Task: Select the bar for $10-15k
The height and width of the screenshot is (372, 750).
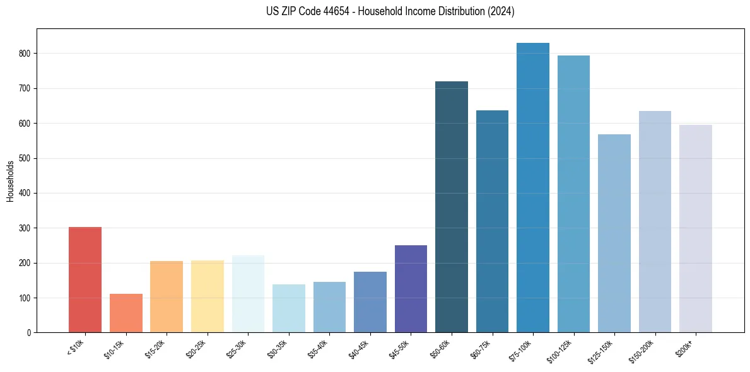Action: pos(126,313)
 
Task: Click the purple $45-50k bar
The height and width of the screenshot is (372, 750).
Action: pos(411,289)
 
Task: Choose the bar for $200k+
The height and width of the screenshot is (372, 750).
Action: pos(696,228)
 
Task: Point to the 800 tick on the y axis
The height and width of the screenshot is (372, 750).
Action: pos(27,54)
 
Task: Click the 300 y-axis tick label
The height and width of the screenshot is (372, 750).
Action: pos(27,228)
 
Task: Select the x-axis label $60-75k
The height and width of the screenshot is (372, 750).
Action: pos(481,349)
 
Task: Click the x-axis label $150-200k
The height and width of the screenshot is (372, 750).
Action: pos(642,351)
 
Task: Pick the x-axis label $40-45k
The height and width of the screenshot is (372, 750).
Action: pos(359,349)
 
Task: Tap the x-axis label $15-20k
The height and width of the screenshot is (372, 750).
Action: pos(155,349)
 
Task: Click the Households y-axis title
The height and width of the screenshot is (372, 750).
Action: pos(10,180)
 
